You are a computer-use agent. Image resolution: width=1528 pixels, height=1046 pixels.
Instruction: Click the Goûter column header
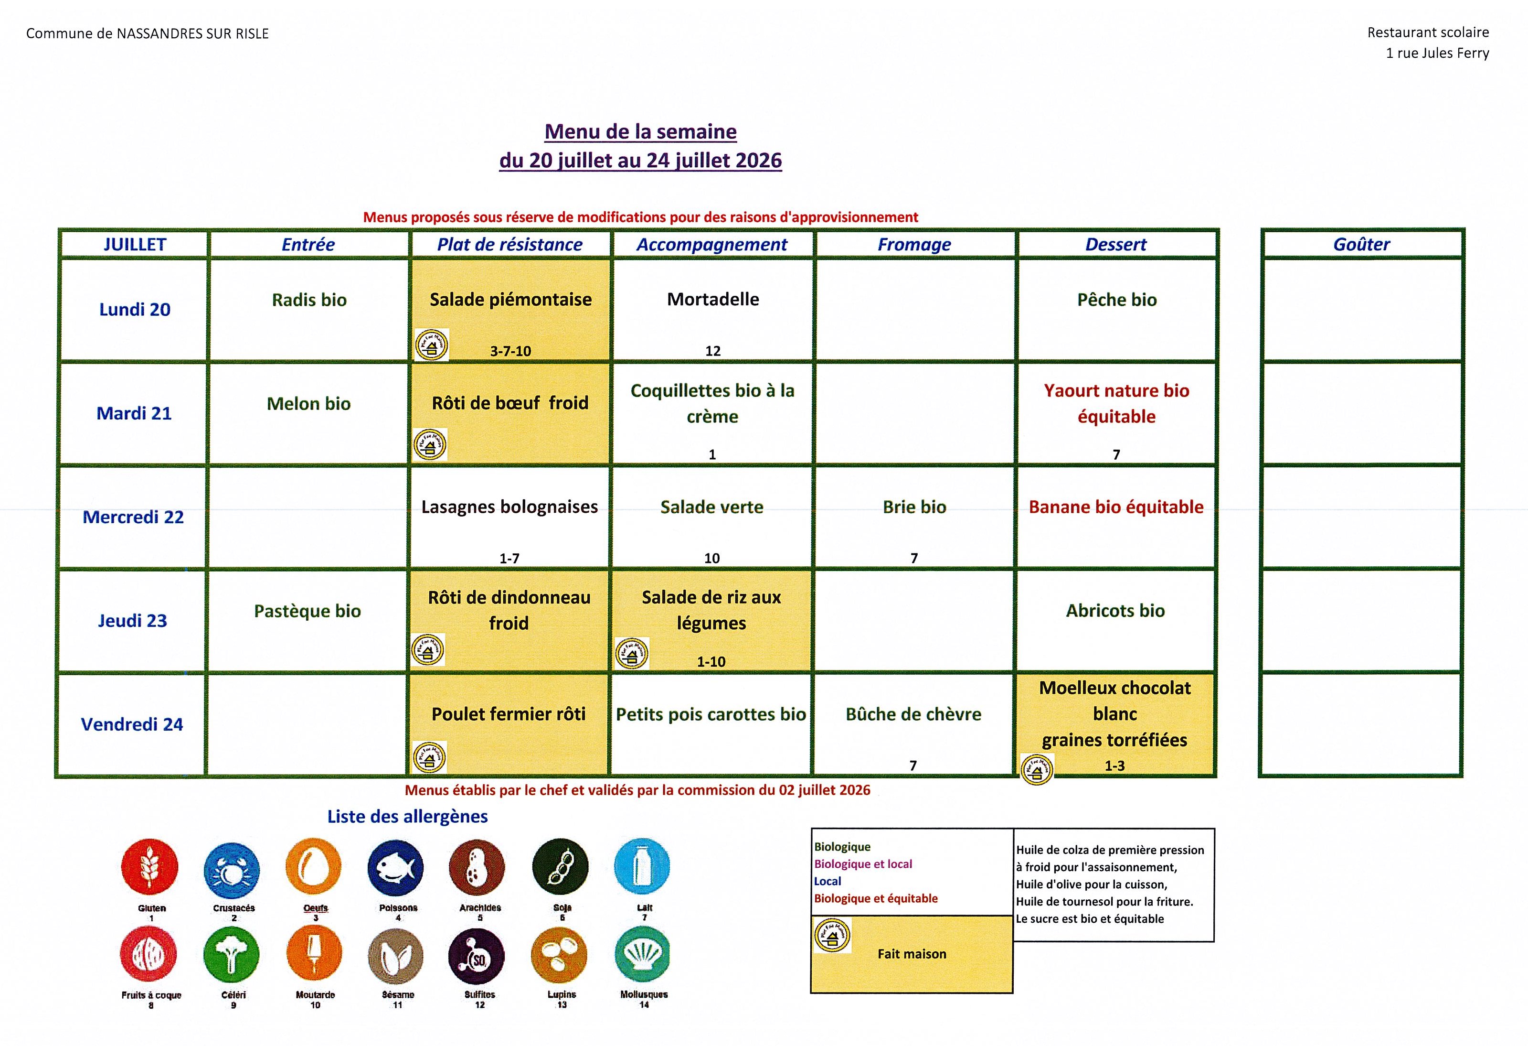pos(1361,245)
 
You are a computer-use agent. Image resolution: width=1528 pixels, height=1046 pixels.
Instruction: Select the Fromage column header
pos(914,245)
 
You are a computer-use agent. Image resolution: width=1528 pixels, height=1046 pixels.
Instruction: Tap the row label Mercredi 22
pos(133,517)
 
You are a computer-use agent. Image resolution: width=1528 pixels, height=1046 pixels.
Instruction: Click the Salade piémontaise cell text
pos(510,299)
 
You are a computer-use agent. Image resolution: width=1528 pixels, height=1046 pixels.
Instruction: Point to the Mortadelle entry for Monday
pos(713,299)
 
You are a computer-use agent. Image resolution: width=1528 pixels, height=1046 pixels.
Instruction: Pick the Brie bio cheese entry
pos(914,507)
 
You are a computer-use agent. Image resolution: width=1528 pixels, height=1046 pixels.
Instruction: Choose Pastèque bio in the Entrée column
pos(307,611)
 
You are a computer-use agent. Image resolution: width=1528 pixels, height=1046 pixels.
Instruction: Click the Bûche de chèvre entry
pos(913,714)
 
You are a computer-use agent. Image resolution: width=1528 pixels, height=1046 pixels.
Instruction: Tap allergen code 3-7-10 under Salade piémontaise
pos(510,351)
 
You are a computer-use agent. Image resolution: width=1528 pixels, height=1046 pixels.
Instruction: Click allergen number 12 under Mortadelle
pos(713,351)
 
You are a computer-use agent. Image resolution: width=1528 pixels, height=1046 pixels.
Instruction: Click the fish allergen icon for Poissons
pos(396,868)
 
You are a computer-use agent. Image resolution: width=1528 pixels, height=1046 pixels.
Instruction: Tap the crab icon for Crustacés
pos(232,870)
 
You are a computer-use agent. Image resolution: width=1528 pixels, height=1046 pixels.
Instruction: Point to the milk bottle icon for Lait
pos(642,866)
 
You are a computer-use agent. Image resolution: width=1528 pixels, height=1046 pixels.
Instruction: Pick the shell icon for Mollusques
pos(642,955)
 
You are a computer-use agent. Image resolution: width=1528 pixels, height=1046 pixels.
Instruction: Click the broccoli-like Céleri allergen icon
pos(232,955)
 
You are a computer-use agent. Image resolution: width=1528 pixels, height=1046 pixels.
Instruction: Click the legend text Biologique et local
pos(863,864)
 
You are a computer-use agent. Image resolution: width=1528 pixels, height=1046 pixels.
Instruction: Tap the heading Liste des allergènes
pos(408,817)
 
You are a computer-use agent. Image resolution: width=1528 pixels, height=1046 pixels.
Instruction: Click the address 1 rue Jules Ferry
pos(1437,54)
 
